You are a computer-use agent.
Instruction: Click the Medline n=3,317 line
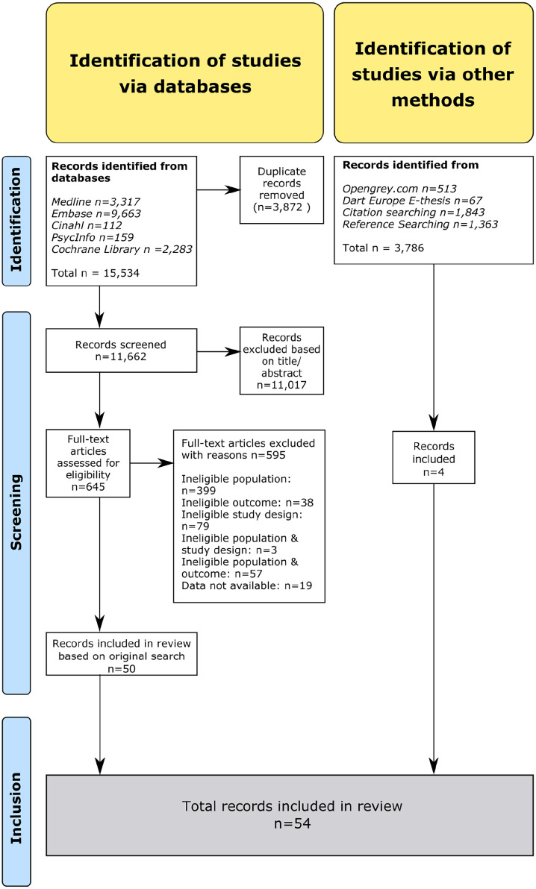tap(96, 202)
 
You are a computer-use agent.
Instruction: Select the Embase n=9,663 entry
tap(96, 214)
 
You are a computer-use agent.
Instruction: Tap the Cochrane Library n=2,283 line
tap(122, 249)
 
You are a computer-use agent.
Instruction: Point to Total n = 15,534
tap(96, 273)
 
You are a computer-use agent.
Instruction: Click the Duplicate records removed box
tap(281, 189)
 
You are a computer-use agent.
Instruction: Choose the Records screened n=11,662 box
tap(122, 351)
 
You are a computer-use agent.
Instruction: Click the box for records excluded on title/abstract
tap(281, 360)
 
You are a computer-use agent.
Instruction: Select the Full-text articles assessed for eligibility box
tap(88, 463)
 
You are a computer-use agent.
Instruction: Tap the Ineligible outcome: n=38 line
tap(248, 503)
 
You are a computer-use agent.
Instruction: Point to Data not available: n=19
tap(247, 585)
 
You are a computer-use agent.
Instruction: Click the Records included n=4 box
tap(434, 457)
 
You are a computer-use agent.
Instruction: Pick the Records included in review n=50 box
tap(122, 654)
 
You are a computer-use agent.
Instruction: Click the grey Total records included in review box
tap(290, 814)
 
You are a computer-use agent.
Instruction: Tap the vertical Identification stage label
tap(16, 221)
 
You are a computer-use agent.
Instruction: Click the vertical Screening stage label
tap(16, 503)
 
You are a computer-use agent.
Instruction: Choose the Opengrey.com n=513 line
tap(399, 189)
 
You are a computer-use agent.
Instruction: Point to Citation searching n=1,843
tap(414, 213)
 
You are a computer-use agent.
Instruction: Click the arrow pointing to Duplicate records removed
tap(218, 189)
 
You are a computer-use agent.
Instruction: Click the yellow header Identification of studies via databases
tap(185, 73)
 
